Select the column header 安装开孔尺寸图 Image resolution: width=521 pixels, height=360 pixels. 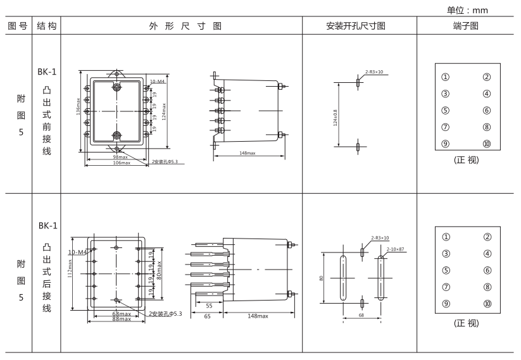pos(359,27)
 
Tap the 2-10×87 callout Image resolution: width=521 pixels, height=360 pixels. pos(396,249)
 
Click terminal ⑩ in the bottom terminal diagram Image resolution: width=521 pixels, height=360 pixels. pos(487,303)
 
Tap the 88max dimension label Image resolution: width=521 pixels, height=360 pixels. pos(122,319)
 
